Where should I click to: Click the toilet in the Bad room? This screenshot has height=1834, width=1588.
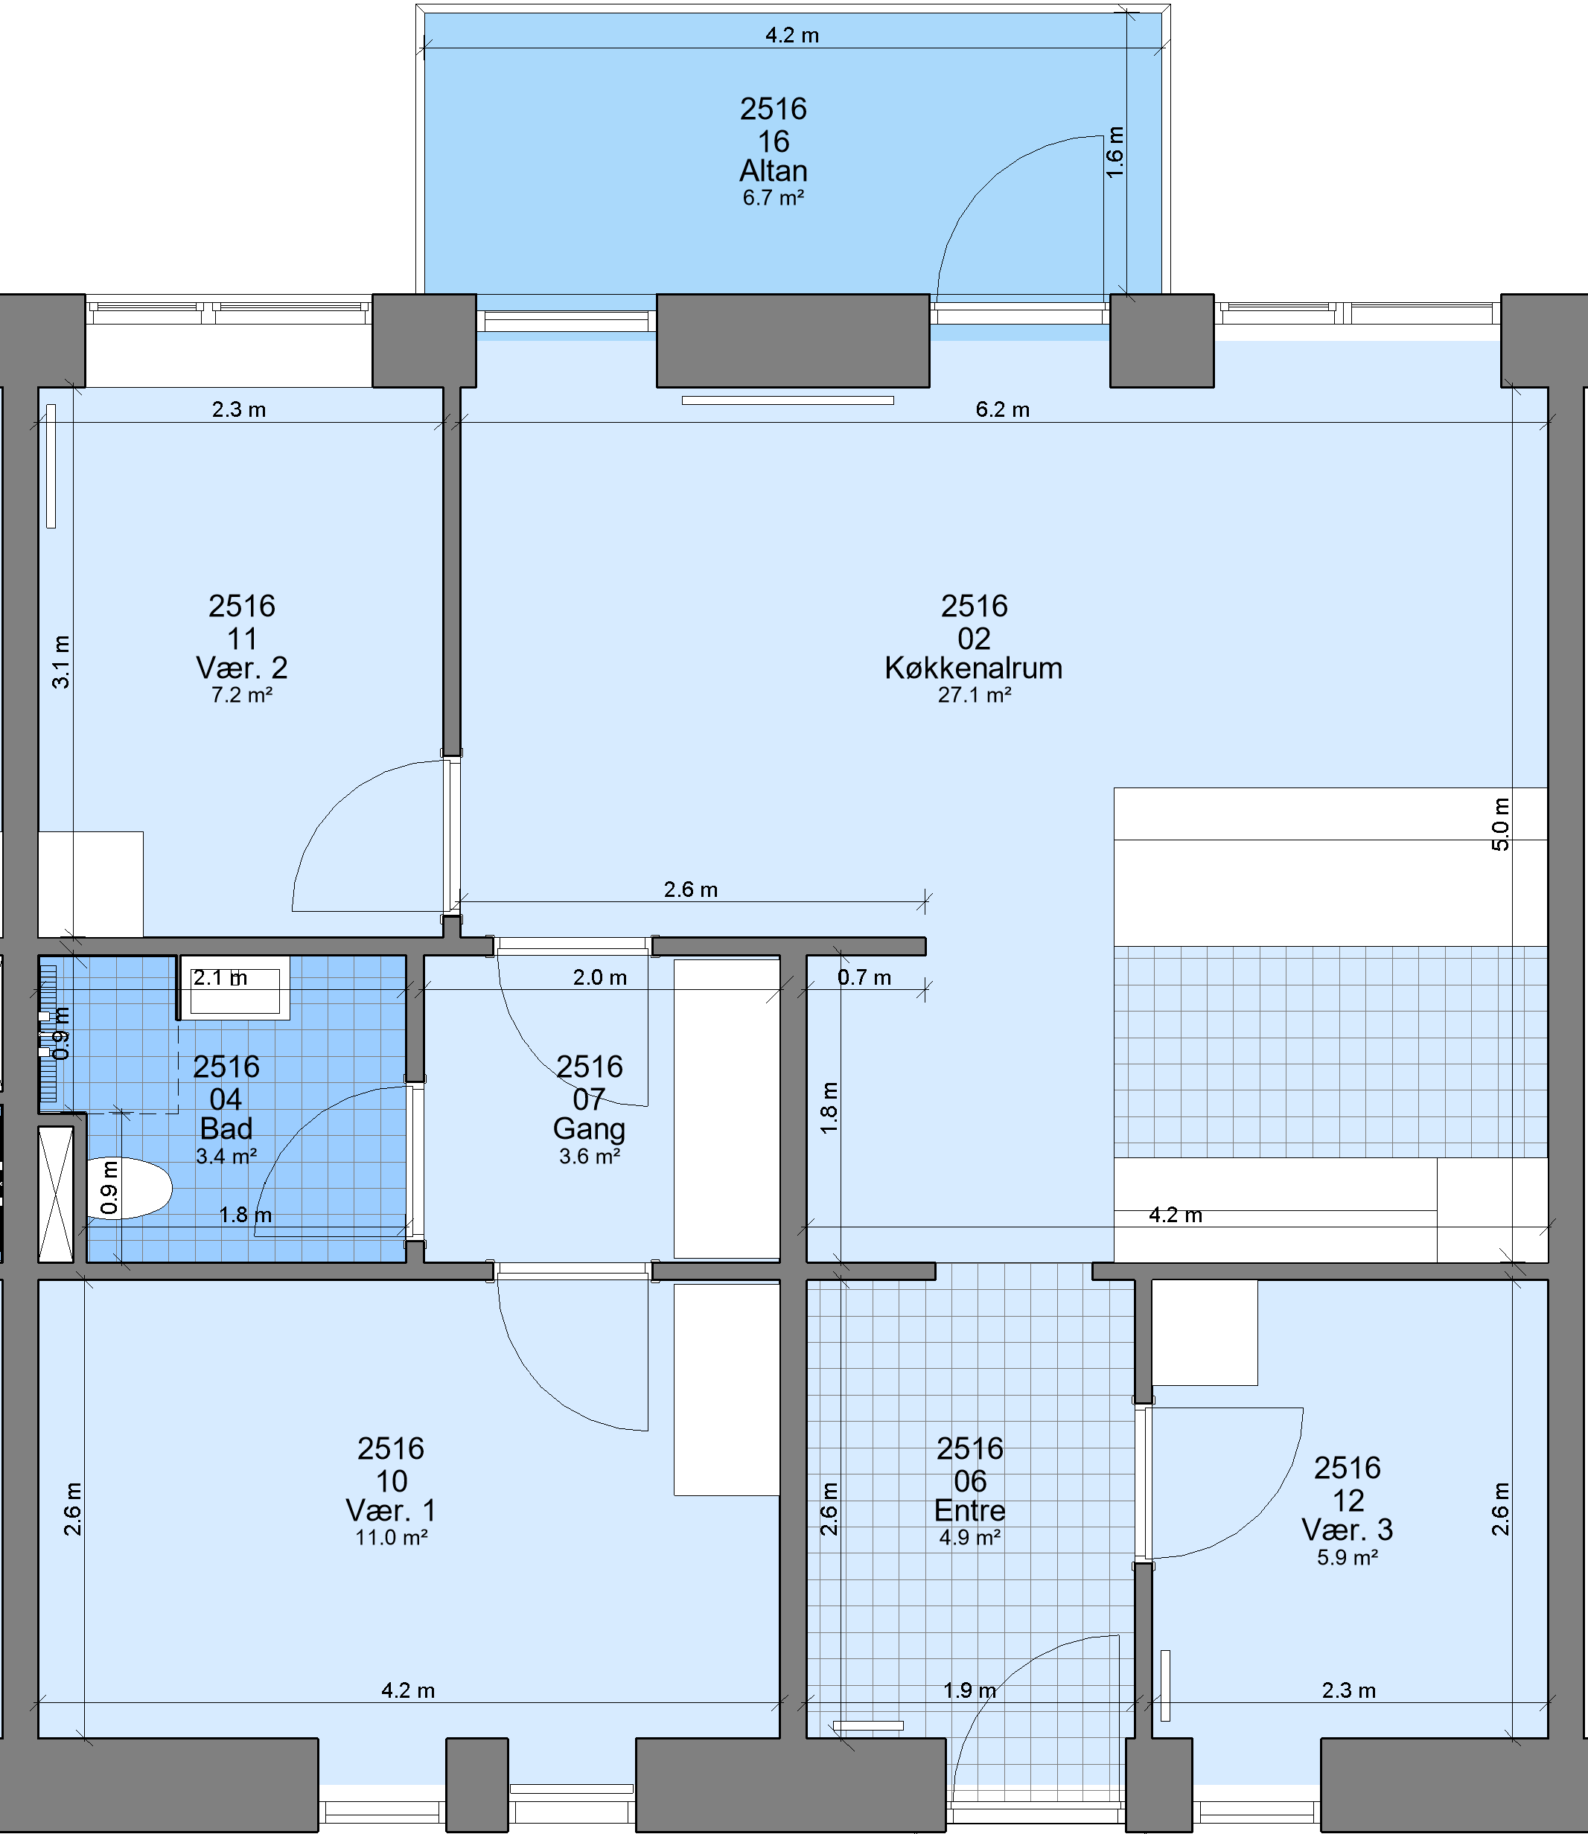[130, 1188]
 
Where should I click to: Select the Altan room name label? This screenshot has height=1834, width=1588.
[774, 170]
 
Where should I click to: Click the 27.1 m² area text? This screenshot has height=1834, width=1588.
[975, 695]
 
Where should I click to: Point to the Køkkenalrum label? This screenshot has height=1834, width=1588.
[974, 668]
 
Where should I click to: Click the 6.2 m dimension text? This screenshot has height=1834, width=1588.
[1002, 409]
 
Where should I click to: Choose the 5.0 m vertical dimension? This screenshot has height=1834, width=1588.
[1500, 824]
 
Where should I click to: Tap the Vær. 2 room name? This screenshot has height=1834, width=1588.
[242, 668]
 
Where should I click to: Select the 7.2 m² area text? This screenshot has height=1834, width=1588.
[242, 695]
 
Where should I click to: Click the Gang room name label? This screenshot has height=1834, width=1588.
[590, 1128]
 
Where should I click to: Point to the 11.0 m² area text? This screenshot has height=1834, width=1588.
[392, 1538]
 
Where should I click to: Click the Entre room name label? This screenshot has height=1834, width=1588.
[970, 1511]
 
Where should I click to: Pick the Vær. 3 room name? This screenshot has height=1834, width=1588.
[1348, 1530]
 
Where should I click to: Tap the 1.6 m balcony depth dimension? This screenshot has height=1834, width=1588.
[1116, 153]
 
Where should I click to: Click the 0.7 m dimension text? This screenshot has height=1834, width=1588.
[864, 977]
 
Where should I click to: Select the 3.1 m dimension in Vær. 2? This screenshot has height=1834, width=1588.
[60, 662]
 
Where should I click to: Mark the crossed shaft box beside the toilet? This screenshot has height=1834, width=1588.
[56, 1195]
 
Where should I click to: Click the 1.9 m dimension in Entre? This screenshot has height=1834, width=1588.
[969, 1690]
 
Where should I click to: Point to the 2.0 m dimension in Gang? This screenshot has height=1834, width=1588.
[600, 977]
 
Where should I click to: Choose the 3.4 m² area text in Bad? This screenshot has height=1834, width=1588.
[227, 1156]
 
